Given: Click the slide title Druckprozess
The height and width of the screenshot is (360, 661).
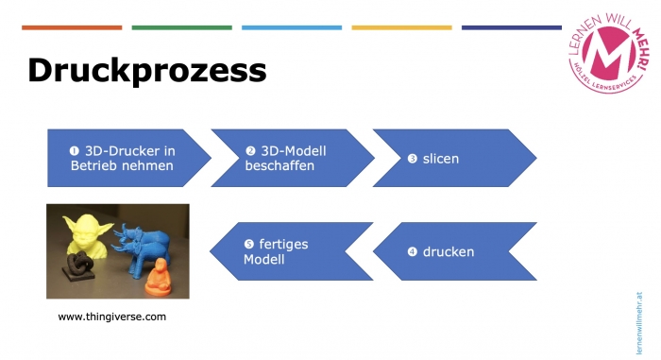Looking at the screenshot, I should pyautogui.click(x=146, y=71).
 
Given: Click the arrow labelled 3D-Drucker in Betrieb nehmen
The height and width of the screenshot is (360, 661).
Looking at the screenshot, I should pyautogui.click(x=123, y=157).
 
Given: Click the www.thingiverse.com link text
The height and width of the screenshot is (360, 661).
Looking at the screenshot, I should pyautogui.click(x=111, y=317).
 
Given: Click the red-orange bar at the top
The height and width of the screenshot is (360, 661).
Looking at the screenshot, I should pyautogui.click(x=72, y=27).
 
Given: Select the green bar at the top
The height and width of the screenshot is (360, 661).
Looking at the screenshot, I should pyautogui.click(x=182, y=27).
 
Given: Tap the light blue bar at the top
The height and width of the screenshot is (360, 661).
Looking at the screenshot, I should pyautogui.click(x=292, y=27).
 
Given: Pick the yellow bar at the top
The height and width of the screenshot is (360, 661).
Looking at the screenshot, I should pyautogui.click(x=401, y=27).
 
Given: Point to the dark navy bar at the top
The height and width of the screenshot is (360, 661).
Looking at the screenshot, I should pyautogui.click(x=511, y=27).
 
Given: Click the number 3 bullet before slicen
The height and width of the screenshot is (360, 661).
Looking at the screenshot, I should pyautogui.click(x=413, y=159).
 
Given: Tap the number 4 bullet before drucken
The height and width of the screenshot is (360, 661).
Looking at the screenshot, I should pyautogui.click(x=412, y=252).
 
